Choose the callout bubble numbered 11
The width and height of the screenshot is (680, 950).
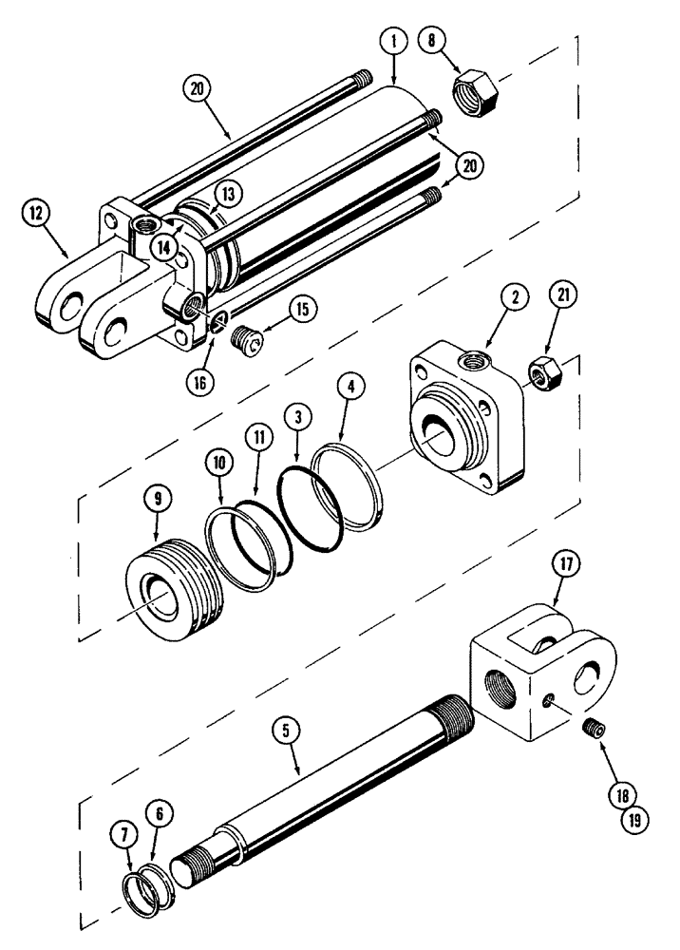pyautogui.click(x=255, y=440)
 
